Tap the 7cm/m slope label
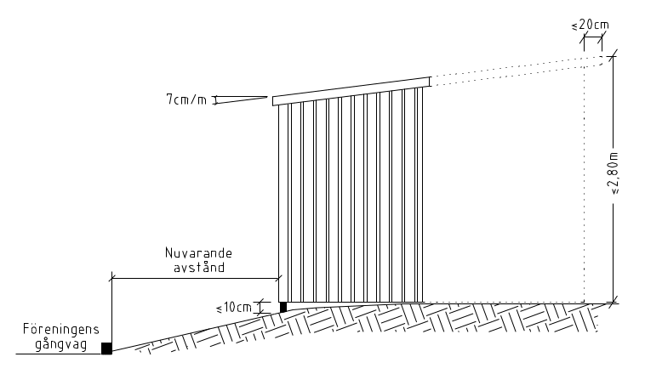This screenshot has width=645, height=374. point(186,99)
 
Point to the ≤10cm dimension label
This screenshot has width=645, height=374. point(239,307)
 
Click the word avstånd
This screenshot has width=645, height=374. point(195,267)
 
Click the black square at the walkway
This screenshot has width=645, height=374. point(106,348)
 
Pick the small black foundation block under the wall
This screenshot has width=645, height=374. point(283,307)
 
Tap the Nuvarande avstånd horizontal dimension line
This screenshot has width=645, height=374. point(195,277)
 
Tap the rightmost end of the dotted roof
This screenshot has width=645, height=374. point(609,58)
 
